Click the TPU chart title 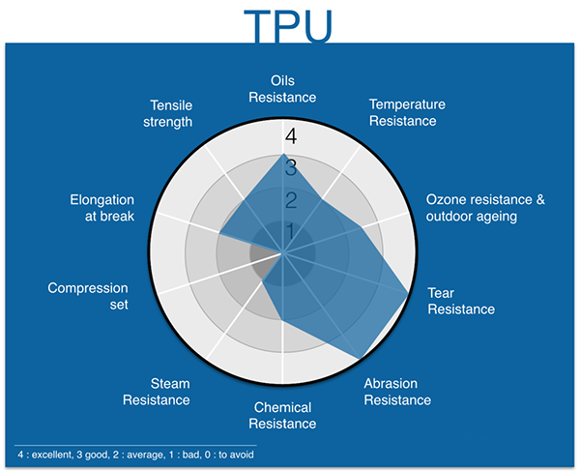pos(288,26)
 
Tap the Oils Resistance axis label pos(282,89)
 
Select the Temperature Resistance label pos(407,112)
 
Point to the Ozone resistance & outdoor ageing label pos(485,208)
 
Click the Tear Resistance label pos(461,301)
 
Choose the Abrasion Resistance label pos(397,392)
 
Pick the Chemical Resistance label pos(282,416)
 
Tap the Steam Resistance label pos(156,392)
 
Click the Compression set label pos(88,296)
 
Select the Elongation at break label pos(102,208)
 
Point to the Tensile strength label pos(167,113)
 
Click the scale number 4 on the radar pos(291,136)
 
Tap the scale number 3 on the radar pos(291,168)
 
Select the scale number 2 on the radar pos(291,200)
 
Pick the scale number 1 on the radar pos(290,231)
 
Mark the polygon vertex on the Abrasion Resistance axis pos(359,359)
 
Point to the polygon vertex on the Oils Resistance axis pos(282,154)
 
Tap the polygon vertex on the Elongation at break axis pos(219,233)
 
